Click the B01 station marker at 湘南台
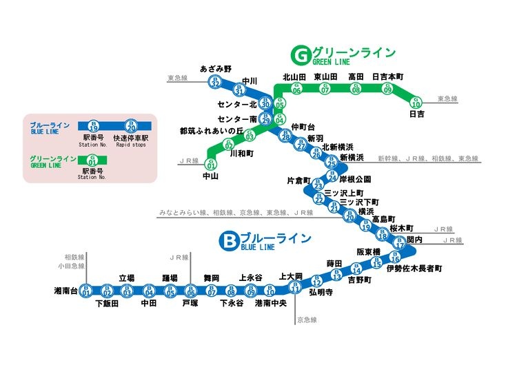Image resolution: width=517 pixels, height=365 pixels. (x=86, y=291)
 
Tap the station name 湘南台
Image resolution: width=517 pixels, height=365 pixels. (x=66, y=291)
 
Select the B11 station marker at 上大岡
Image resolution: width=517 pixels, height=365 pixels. (x=294, y=288)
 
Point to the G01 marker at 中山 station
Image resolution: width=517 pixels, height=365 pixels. (x=211, y=163)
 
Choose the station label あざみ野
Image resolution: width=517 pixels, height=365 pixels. (x=216, y=69)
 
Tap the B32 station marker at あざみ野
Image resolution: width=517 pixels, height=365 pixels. (x=216, y=82)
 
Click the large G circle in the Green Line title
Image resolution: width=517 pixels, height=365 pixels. (x=301, y=54)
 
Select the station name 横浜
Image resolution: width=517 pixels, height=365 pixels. (x=366, y=211)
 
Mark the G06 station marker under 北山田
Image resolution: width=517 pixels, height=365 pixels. (x=296, y=88)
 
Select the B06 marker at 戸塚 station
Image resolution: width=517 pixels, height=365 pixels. (x=191, y=291)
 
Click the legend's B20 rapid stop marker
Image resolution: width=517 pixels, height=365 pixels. (x=131, y=126)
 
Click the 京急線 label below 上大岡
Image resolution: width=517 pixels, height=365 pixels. (x=305, y=320)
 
